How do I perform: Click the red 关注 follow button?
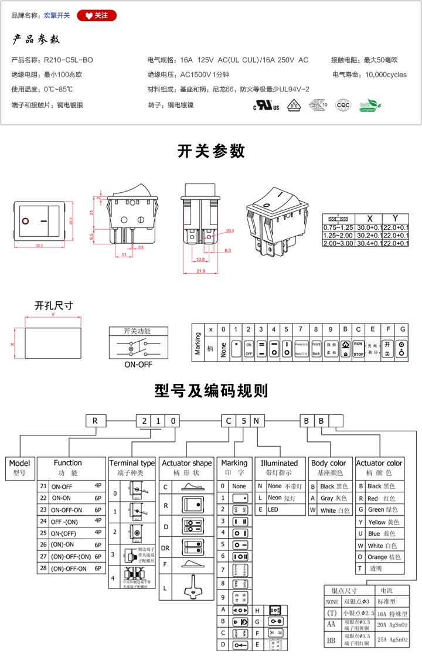click(x=97, y=16)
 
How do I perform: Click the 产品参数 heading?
click(x=36, y=40)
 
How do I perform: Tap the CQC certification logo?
click(x=342, y=105)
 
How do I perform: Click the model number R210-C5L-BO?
click(x=69, y=60)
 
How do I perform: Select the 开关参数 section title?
click(x=211, y=151)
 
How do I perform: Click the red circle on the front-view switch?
click(x=26, y=221)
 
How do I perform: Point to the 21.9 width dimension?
click(x=200, y=271)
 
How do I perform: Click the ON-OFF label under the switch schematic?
click(x=138, y=364)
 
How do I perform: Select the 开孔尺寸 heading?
click(x=54, y=305)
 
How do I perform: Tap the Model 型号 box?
click(x=19, y=467)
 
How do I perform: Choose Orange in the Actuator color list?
click(x=379, y=557)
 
